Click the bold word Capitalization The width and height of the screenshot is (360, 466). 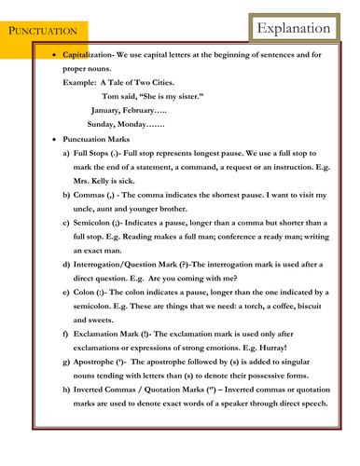point(93,58)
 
